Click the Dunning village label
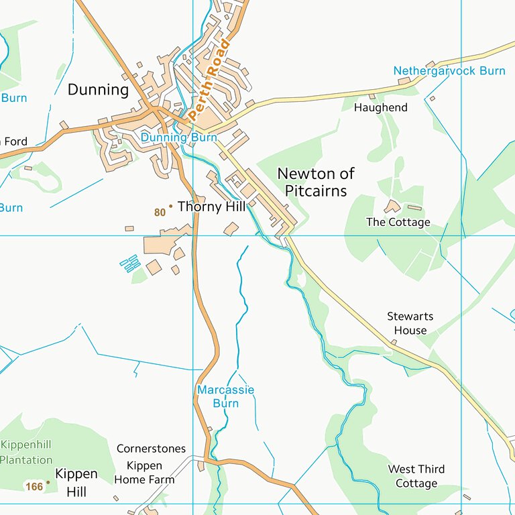point(98,90)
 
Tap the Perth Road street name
point(210,80)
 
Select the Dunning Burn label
point(178,137)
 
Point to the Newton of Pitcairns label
point(316,182)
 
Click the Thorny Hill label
point(211,207)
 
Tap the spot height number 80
point(160,213)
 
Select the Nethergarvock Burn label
point(449,71)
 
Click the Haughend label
point(380,107)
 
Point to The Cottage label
point(398,223)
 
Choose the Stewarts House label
point(410,323)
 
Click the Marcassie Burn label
point(225,396)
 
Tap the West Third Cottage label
point(416,476)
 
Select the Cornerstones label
point(151,449)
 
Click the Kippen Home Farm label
point(144,473)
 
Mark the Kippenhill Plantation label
point(26,453)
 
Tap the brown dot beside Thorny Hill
point(170,207)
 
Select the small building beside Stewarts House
point(394,343)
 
